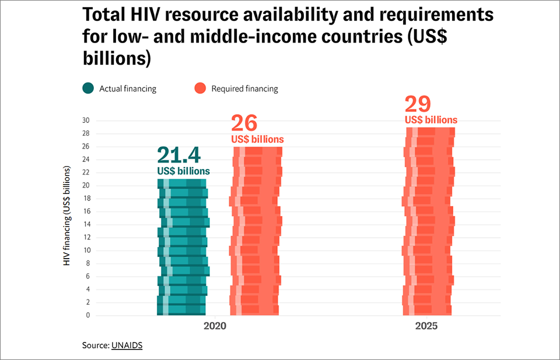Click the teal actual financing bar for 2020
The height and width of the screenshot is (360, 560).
click(x=183, y=250)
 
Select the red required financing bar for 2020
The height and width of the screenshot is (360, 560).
click(x=256, y=233)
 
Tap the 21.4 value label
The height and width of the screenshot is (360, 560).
click(x=178, y=156)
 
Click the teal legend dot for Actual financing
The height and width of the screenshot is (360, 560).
click(x=88, y=89)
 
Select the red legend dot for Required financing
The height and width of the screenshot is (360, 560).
click(x=200, y=89)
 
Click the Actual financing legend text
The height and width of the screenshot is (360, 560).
click(x=128, y=89)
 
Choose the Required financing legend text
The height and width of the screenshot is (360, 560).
click(x=244, y=89)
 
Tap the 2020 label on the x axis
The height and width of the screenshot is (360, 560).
click(x=215, y=327)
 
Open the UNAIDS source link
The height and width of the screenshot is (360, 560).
click(x=126, y=345)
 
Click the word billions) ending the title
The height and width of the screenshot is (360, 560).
click(x=117, y=59)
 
